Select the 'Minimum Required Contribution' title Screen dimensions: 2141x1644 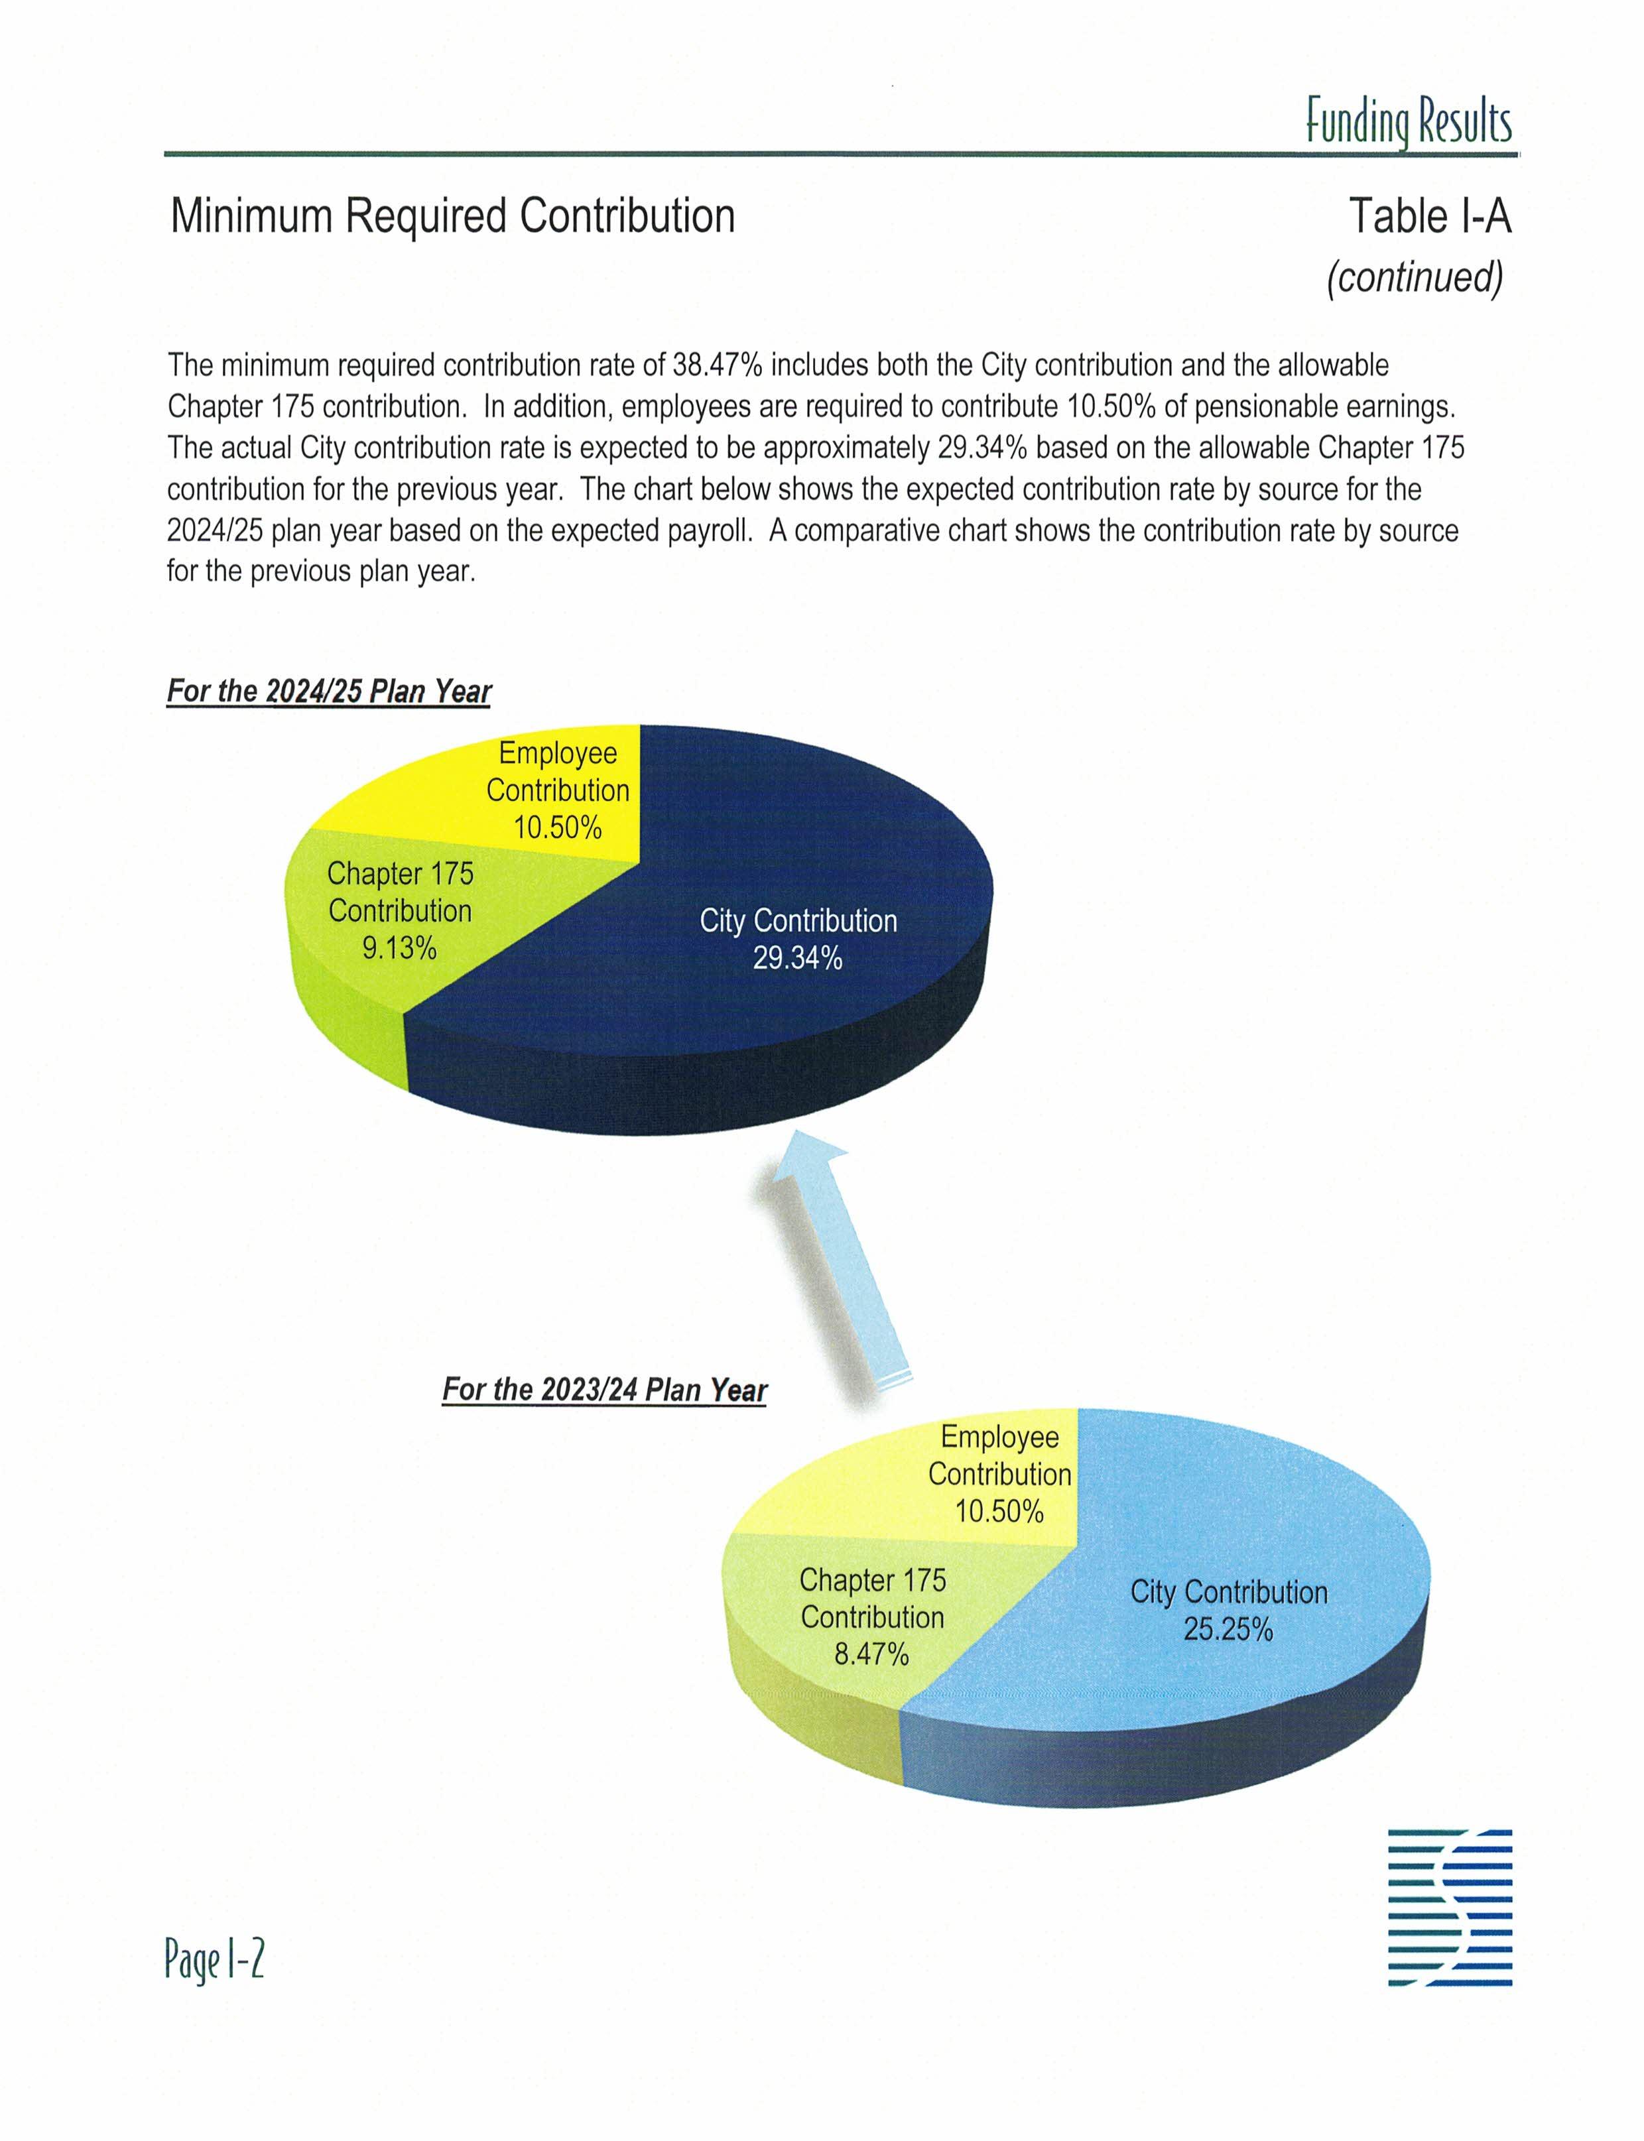[452, 216]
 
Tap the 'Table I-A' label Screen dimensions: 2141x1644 [1430, 216]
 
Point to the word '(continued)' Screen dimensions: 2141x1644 [1414, 277]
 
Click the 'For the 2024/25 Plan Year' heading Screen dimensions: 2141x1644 [329, 691]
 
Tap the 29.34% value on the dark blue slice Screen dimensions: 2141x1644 [798, 958]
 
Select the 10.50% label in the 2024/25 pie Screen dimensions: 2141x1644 [558, 828]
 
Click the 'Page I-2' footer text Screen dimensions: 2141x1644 [214, 1960]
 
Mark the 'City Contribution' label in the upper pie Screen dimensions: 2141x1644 [798, 921]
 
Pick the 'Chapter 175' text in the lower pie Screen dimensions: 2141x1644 [872, 1579]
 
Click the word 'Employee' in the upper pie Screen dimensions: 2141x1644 [558, 753]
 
